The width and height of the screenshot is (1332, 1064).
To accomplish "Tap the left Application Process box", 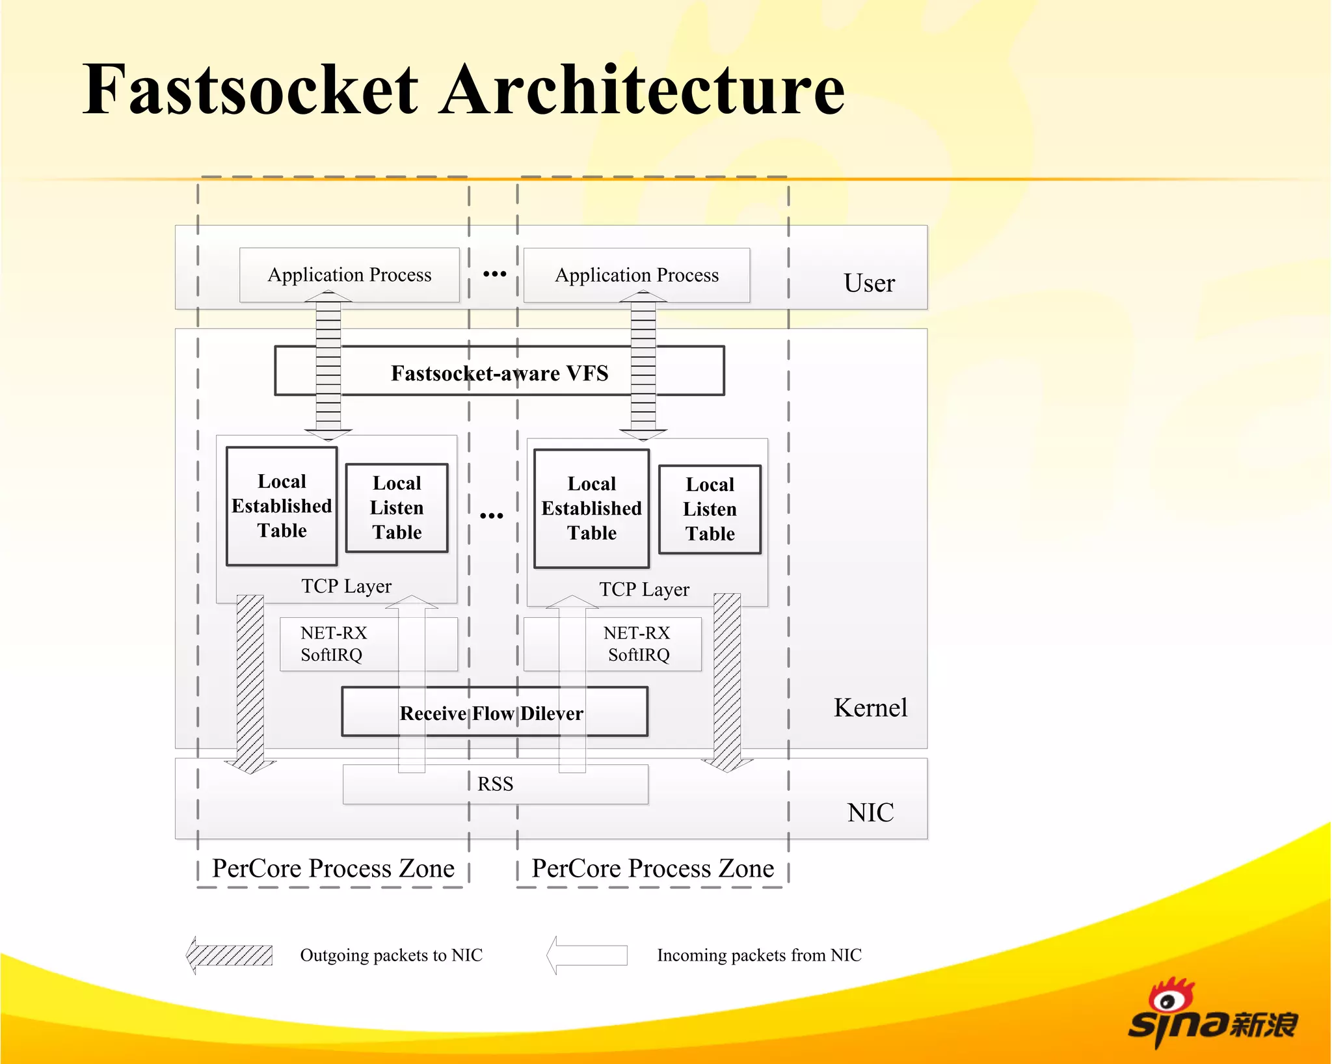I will click(349, 274).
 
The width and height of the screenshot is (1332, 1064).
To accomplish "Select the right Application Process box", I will click(636, 274).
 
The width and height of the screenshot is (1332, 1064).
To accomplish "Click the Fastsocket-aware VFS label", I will click(499, 373).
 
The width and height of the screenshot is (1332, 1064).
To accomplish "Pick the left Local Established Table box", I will click(282, 506).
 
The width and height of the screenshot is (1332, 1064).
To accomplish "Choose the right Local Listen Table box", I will click(710, 509).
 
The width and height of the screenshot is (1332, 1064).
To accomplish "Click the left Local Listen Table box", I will click(397, 508).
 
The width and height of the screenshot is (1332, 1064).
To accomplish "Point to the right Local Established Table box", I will click(591, 509).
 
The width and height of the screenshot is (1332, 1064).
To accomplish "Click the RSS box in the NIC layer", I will click(495, 784).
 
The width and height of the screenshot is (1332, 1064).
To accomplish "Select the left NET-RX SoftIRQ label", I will click(333, 644).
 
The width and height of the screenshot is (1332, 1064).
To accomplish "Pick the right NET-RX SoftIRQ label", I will click(637, 644).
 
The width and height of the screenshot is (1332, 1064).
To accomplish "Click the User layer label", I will click(869, 283).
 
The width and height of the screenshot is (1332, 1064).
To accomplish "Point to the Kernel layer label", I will click(870, 708).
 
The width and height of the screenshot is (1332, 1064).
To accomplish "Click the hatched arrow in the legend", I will click(230, 955).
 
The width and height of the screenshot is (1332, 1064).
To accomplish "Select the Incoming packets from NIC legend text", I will click(759, 955).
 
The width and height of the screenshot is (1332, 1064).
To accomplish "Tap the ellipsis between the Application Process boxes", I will click(494, 274).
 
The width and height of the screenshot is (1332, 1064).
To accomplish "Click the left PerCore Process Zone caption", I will click(333, 869).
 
